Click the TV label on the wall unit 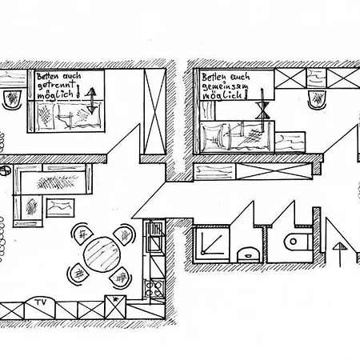click(41, 302)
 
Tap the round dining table click(102, 254)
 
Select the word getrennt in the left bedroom click(57, 85)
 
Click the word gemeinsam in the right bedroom click(225, 86)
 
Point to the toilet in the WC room click(298, 242)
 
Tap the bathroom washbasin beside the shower click(248, 254)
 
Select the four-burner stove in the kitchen click(154, 289)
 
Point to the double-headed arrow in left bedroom click(91, 101)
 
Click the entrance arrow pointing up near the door click(340, 254)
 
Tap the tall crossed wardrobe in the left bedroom click(155, 111)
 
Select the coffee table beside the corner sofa click(60, 207)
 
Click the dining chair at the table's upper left click(82, 234)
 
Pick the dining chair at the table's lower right click(121, 278)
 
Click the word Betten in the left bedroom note click(47, 77)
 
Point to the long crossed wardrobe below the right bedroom click(274, 171)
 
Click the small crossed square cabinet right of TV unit click(115, 306)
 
